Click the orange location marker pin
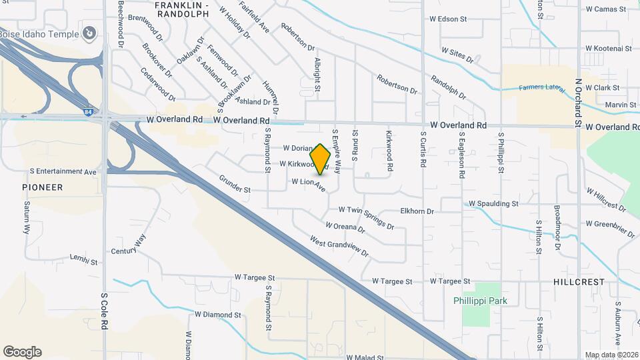[321, 159]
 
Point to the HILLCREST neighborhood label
[579, 282]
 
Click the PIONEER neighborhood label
[42, 187]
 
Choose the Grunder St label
[235, 185]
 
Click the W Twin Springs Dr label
[366, 216]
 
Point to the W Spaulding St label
[493, 203]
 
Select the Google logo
[23, 352]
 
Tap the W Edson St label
[457, 19]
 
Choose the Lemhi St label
[84, 257]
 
